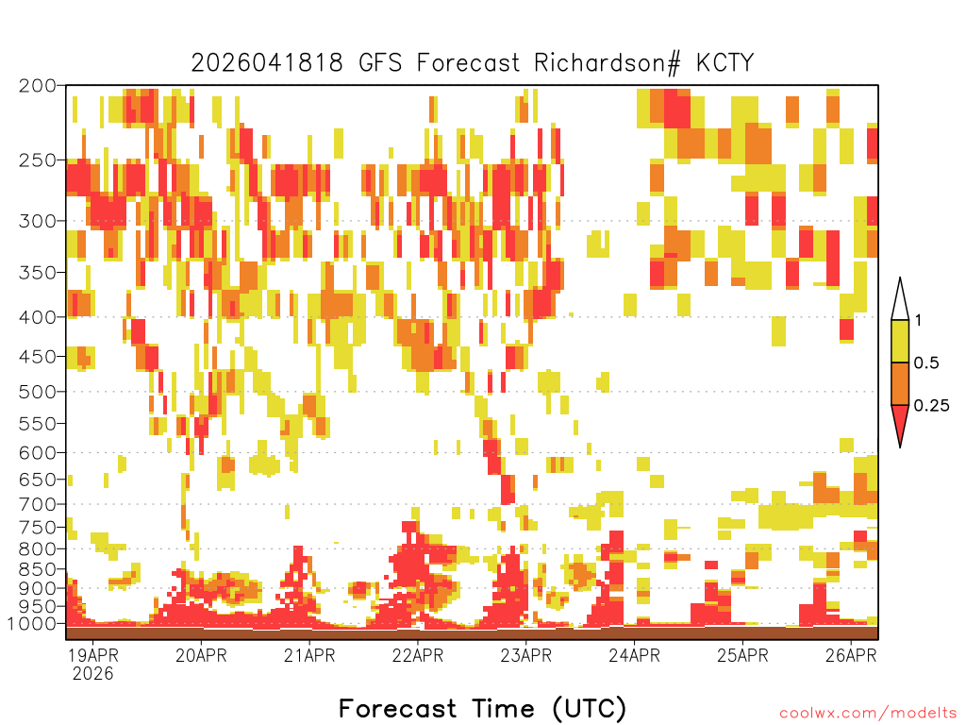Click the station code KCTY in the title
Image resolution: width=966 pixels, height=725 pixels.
pos(724,63)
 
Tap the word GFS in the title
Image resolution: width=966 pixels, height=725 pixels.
pos(379,63)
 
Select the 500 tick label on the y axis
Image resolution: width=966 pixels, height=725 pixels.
pos(37,392)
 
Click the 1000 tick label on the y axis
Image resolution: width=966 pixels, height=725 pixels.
pos(31,624)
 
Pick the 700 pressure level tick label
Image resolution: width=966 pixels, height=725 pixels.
pos(37,505)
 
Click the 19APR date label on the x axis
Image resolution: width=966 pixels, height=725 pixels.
pos(92,655)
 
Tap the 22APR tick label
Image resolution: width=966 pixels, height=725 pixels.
pos(418,655)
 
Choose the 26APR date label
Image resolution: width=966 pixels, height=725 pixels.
pos(852,655)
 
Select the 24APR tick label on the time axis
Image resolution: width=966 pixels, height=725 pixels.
pos(635,655)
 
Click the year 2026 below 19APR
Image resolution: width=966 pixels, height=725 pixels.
pos(93,674)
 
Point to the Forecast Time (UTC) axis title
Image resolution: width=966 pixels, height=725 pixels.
pos(482,708)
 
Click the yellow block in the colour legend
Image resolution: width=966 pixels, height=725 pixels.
pos(900,341)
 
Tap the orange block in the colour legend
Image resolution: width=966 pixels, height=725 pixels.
pos(900,383)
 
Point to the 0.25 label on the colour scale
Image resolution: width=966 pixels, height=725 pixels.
pos(931,406)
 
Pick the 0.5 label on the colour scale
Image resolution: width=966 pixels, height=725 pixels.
pos(926,363)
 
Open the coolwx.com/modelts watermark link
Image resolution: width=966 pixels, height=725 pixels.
pos(869,714)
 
